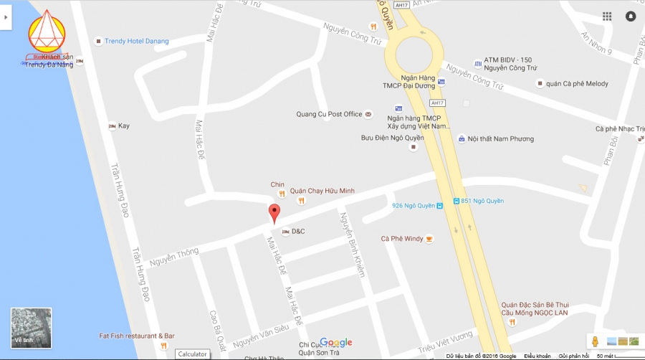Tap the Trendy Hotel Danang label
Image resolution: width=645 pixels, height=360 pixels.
pyautogui.click(x=136, y=42)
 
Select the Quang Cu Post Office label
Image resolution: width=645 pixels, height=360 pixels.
pyautogui.click(x=330, y=114)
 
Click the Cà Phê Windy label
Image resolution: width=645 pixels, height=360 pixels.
pyautogui.click(x=402, y=239)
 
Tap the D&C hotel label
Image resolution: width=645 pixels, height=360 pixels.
pyautogui.click(x=297, y=231)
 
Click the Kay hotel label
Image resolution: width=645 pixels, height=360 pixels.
pyautogui.click(x=124, y=126)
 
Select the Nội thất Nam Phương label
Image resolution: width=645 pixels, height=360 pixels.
pyautogui.click(x=496, y=138)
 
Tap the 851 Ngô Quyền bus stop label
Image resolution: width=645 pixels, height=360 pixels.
pyautogui.click(x=482, y=201)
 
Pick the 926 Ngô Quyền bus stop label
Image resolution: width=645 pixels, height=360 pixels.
pyautogui.click(x=414, y=206)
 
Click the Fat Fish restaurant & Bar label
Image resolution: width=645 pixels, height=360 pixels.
pyautogui.click(x=137, y=336)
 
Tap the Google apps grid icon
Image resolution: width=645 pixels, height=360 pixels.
pyautogui.click(x=607, y=16)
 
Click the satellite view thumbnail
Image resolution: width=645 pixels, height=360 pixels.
pyautogui.click(x=32, y=328)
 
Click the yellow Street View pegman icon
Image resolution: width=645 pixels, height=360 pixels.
pyautogui.click(x=593, y=341)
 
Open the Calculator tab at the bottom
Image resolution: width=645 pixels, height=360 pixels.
pyautogui.click(x=192, y=354)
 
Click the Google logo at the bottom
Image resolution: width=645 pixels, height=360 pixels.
pyautogui.click(x=336, y=342)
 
